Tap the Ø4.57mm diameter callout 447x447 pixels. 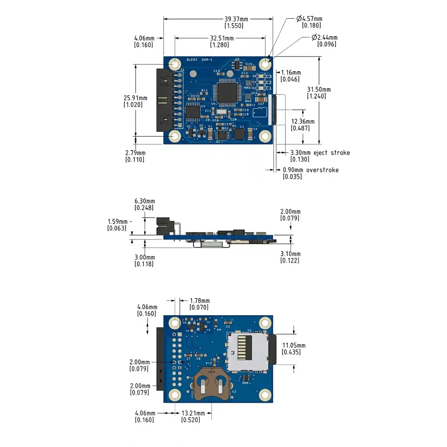309,19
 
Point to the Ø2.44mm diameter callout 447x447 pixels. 325,38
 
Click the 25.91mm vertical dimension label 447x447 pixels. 135,98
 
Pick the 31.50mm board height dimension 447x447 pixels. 319,90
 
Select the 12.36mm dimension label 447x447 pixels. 303,122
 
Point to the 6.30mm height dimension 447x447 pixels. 145,201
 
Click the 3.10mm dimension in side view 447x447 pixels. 290,254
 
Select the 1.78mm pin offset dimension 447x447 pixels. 200,301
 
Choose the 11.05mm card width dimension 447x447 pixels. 294,346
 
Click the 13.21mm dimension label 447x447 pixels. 193,413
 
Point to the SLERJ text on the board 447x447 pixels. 192,60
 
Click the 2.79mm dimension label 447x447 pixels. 135,153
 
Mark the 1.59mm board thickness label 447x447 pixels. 117,222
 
